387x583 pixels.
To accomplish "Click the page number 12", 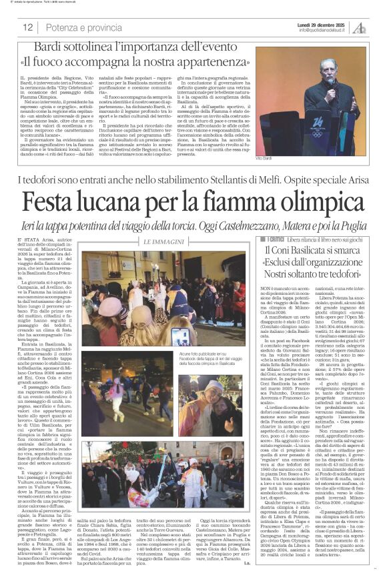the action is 27,28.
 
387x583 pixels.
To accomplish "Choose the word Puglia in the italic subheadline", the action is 336,223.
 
